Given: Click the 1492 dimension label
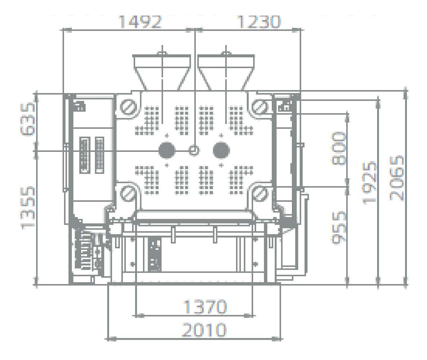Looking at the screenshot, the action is pos(140,22).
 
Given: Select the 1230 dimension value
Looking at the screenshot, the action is pos(259,22).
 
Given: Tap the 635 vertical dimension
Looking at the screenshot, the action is pos(28,119).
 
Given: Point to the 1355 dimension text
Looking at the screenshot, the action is pos(28,208).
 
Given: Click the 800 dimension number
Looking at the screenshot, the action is pos(339,149).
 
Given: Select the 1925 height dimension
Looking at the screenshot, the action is pos(369,183).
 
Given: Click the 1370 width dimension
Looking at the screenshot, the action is pos(205,307).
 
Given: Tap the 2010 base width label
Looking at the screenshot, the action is pos(204,330).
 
